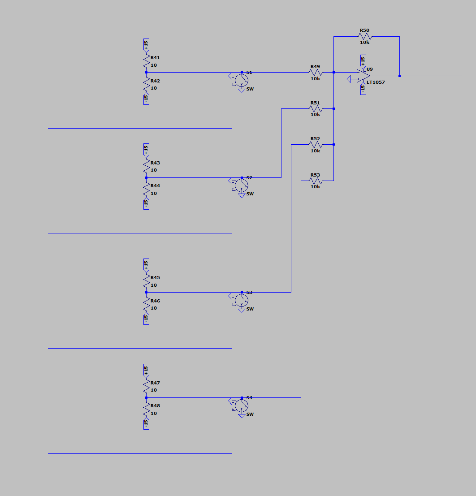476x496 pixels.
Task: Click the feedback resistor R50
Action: click(365, 36)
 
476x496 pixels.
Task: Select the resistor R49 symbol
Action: click(316, 72)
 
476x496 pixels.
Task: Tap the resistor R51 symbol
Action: click(316, 108)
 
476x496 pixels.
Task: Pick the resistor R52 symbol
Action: click(316, 144)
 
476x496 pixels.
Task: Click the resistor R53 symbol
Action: click(316, 181)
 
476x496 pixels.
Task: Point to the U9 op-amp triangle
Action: click(363, 76)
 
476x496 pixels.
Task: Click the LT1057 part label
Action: click(376, 82)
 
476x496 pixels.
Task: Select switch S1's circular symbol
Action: click(242, 80)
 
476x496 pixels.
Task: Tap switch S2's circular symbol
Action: click(242, 185)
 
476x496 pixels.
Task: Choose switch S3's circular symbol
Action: click(242, 300)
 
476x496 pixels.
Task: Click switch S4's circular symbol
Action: click(242, 405)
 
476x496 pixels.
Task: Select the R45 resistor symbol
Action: click(146, 281)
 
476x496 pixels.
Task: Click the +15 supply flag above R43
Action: click(146, 150)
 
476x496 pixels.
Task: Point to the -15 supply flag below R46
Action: click(146, 319)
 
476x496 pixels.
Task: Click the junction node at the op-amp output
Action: click(399, 76)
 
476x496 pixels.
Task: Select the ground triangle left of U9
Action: click(350, 79)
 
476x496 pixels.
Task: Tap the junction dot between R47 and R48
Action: click(146, 397)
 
